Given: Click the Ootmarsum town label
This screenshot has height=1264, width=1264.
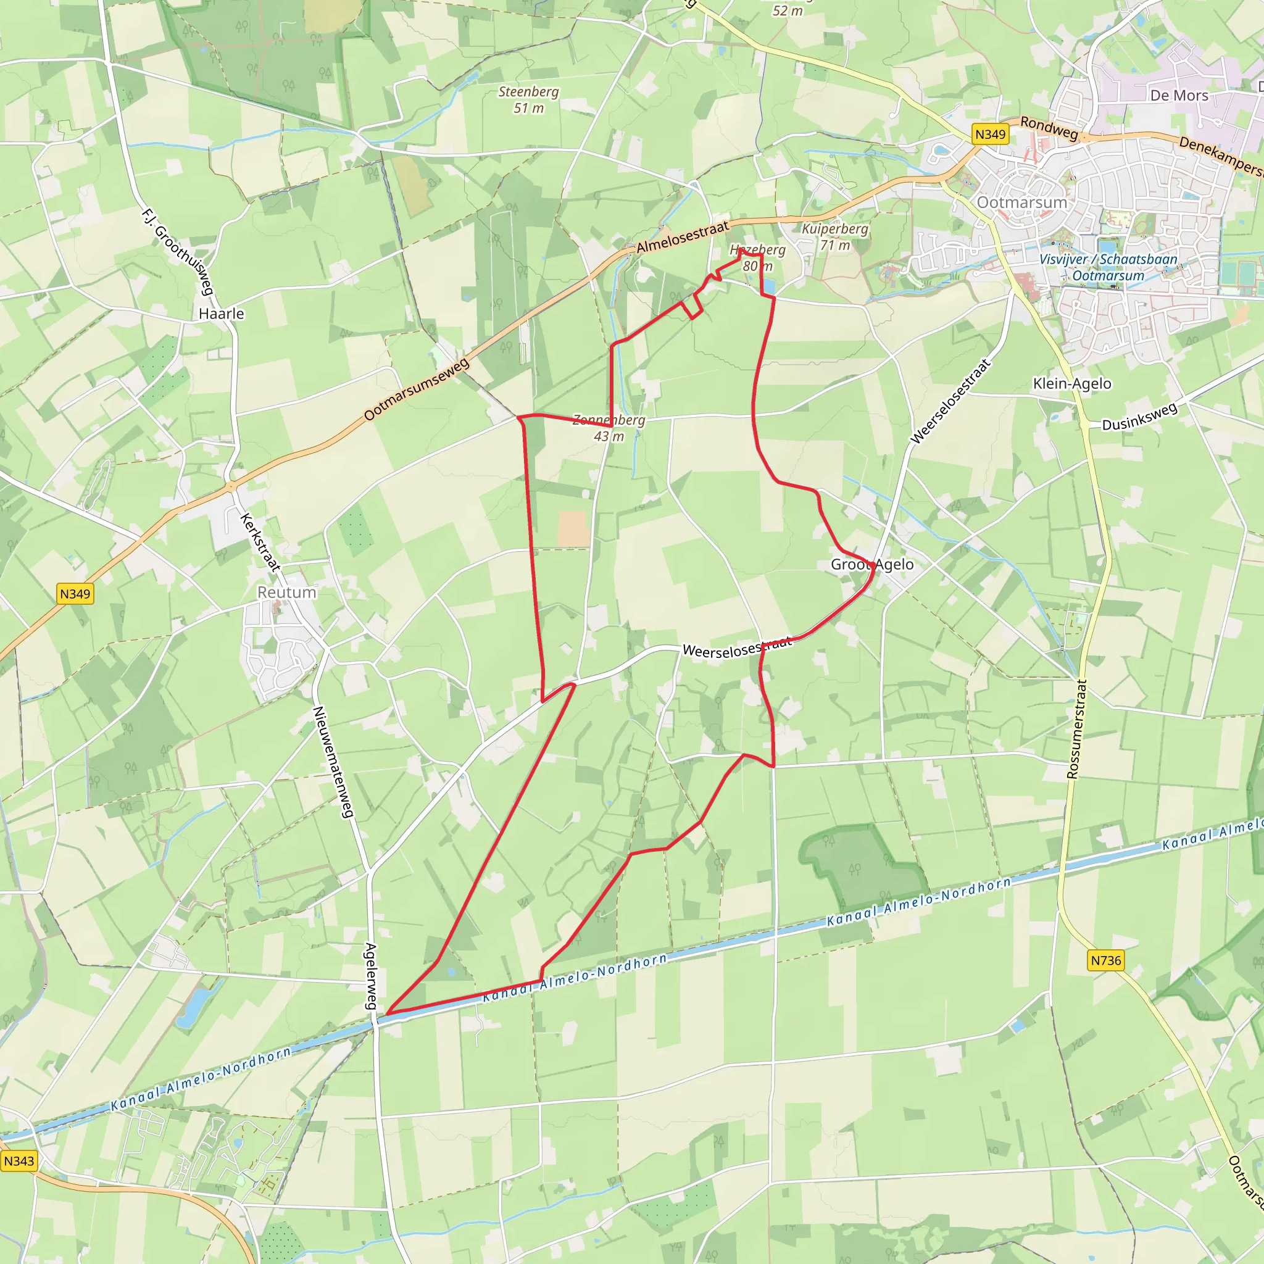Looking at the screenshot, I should click(x=1021, y=202).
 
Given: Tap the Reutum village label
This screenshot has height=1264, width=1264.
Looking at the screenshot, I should click(x=286, y=592).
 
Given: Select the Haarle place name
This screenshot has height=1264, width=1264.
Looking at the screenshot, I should click(x=221, y=314).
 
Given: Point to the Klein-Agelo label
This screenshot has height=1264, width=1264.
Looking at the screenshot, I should click(x=1071, y=383).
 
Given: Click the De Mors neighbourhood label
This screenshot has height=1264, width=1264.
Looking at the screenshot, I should click(x=1179, y=96).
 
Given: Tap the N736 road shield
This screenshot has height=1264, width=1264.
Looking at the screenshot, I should click(x=1105, y=960).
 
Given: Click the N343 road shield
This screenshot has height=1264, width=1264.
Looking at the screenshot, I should click(x=19, y=1161).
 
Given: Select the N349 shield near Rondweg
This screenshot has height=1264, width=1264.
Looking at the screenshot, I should click(x=990, y=134).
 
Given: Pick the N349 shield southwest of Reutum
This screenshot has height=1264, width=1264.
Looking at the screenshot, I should click(x=75, y=594).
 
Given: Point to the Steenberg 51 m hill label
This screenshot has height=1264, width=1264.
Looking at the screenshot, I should click(x=529, y=100).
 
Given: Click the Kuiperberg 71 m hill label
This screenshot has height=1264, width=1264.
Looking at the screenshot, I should click(x=835, y=237).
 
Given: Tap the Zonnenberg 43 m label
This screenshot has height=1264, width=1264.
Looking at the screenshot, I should click(x=609, y=428).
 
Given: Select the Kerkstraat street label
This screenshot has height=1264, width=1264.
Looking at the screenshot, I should click(x=260, y=542).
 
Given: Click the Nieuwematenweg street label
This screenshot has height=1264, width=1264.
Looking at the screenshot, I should click(x=333, y=762).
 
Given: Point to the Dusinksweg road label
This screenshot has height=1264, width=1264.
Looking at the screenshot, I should click(x=1139, y=417).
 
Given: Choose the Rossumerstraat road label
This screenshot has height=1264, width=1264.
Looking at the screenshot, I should click(x=1076, y=729).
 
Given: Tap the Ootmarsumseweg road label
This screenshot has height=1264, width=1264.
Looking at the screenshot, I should click(x=417, y=389).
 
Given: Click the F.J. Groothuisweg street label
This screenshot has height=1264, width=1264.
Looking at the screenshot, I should click(x=178, y=252).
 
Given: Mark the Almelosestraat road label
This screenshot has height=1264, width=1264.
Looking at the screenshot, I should click(x=683, y=238).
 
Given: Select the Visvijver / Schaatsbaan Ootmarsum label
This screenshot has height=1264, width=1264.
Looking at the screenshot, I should click(x=1108, y=267).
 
